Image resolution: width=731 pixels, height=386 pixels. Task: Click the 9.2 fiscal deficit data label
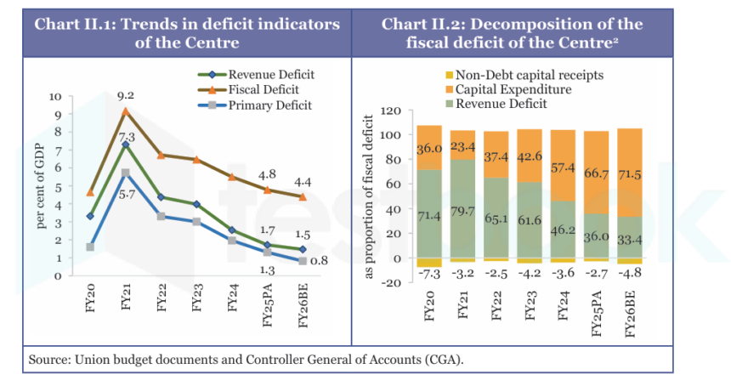click(126, 95)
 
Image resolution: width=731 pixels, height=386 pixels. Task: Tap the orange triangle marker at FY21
click(126, 111)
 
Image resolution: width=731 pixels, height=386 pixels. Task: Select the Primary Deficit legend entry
click(254, 105)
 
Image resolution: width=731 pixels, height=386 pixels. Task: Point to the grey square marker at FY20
click(90, 247)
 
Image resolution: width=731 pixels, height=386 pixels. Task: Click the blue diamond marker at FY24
click(232, 230)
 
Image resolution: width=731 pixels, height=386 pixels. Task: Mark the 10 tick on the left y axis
click(55, 97)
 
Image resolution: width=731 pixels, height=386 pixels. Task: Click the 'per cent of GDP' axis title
click(41, 186)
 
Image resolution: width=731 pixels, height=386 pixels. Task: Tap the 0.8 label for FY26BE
click(319, 261)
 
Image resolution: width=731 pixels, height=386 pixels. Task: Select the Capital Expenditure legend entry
click(508, 89)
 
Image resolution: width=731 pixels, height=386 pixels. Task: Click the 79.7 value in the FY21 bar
click(462, 212)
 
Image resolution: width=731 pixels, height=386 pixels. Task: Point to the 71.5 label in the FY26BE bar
click(629, 175)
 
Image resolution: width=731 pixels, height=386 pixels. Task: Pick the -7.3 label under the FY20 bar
click(429, 274)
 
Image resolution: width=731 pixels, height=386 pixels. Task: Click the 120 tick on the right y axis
click(391, 111)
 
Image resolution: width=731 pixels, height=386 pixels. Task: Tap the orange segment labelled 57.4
click(564, 166)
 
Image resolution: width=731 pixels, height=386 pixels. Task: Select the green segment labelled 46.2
click(564, 230)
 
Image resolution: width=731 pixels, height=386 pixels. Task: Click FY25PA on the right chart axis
click(597, 313)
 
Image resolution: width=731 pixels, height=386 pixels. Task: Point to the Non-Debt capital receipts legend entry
click(524, 76)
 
